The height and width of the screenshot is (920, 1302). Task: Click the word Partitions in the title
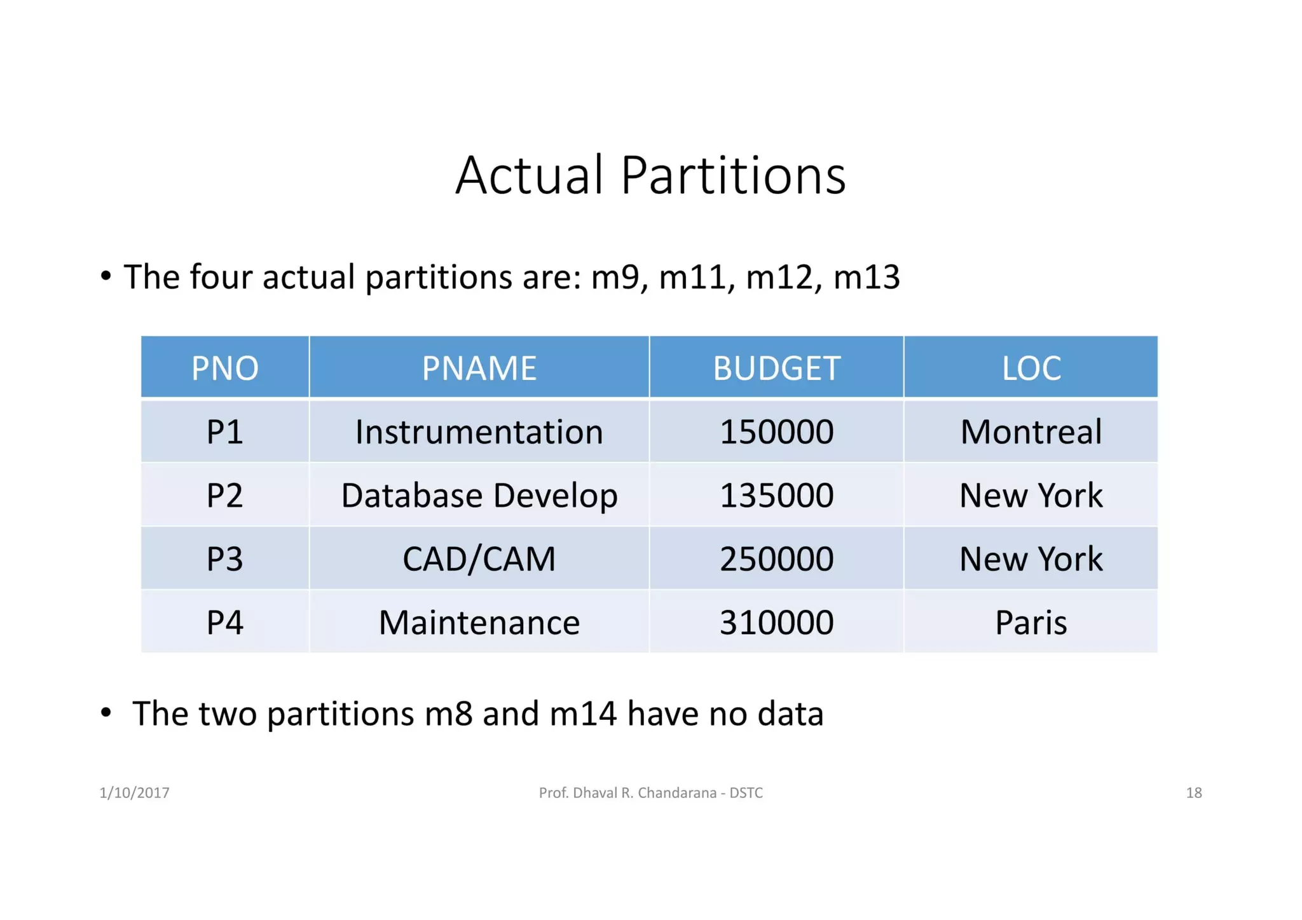pyautogui.click(x=732, y=175)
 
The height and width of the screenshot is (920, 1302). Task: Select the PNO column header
pyautogui.click(x=225, y=368)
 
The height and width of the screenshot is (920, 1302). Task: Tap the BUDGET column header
pyautogui.click(x=776, y=368)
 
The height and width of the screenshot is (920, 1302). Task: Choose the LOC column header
pyautogui.click(x=1031, y=368)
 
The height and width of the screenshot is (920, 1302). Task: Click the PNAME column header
pyautogui.click(x=479, y=368)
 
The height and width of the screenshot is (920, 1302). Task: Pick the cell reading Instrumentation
pyautogui.click(x=479, y=432)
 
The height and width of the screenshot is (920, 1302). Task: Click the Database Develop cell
pyautogui.click(x=479, y=496)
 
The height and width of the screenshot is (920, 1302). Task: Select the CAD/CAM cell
pyautogui.click(x=479, y=559)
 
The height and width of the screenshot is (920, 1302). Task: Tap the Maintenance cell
pyautogui.click(x=479, y=623)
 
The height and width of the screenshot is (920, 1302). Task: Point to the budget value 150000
pyautogui.click(x=776, y=432)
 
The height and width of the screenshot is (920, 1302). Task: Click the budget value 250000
pyautogui.click(x=776, y=559)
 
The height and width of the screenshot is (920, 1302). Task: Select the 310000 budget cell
pyautogui.click(x=776, y=623)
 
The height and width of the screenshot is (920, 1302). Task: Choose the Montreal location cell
pyautogui.click(x=1031, y=432)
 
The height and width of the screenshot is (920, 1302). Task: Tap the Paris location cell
pyautogui.click(x=1031, y=623)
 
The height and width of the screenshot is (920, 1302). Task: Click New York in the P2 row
pyautogui.click(x=1031, y=496)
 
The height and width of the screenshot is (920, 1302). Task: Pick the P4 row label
pyautogui.click(x=225, y=623)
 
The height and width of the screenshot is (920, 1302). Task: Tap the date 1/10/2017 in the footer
pyautogui.click(x=134, y=792)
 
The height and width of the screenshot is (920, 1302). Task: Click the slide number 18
pyautogui.click(x=1193, y=792)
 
